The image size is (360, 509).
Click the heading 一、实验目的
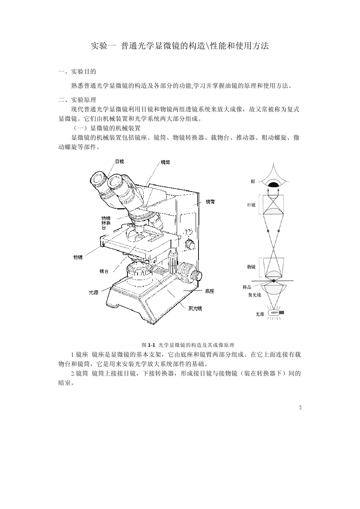[77, 71]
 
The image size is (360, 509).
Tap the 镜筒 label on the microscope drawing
[165, 162]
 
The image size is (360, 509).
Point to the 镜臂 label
[210, 202]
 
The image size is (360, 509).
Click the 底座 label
[209, 291]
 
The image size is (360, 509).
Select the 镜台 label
[104, 271]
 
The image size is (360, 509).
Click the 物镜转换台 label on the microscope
[106, 223]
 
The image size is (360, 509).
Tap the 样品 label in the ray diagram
[247, 287]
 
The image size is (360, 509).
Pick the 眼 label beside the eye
[253, 181]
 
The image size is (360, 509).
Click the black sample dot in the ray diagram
[274, 281]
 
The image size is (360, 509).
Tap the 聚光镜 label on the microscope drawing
[195, 308]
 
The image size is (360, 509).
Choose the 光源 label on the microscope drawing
[93, 292]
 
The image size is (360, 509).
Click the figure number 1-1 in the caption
[151, 345]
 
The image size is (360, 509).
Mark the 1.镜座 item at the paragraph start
[79, 354]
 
